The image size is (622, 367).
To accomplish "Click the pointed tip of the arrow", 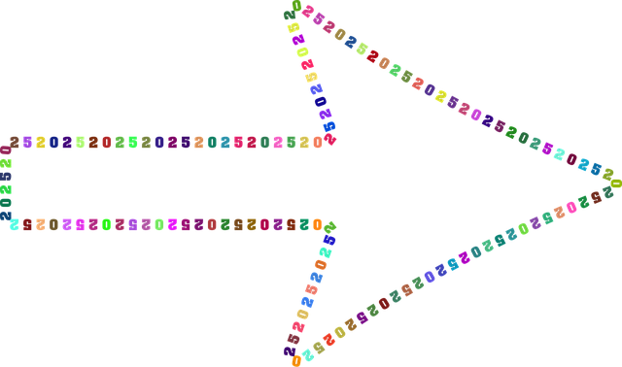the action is click(x=612, y=182).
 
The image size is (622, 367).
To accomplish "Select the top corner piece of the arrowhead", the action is click(x=292, y=10).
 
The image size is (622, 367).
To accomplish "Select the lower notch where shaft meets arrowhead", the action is click(x=328, y=225).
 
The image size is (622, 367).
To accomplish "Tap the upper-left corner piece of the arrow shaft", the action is click(x=8, y=143).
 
